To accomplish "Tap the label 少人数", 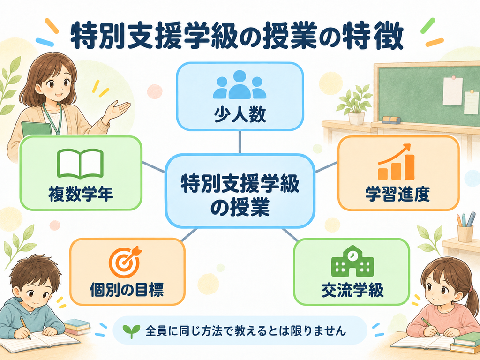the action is pos(240,115).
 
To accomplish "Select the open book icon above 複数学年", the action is pos(81,164).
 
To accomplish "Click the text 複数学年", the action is pos(81,194).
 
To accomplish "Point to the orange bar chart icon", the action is pos(396,162).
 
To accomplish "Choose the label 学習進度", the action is pos(397,194).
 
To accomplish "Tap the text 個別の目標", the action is pos(127,289).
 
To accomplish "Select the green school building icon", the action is pos(352,261).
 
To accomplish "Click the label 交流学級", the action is pos(352,289).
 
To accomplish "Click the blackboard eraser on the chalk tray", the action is pos(391,120).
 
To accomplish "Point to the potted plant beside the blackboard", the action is pos(355,105).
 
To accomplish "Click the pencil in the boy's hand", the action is pos(25,328).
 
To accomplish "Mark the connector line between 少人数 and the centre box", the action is pos(240,142).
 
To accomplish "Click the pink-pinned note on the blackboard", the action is pos(452,91).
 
